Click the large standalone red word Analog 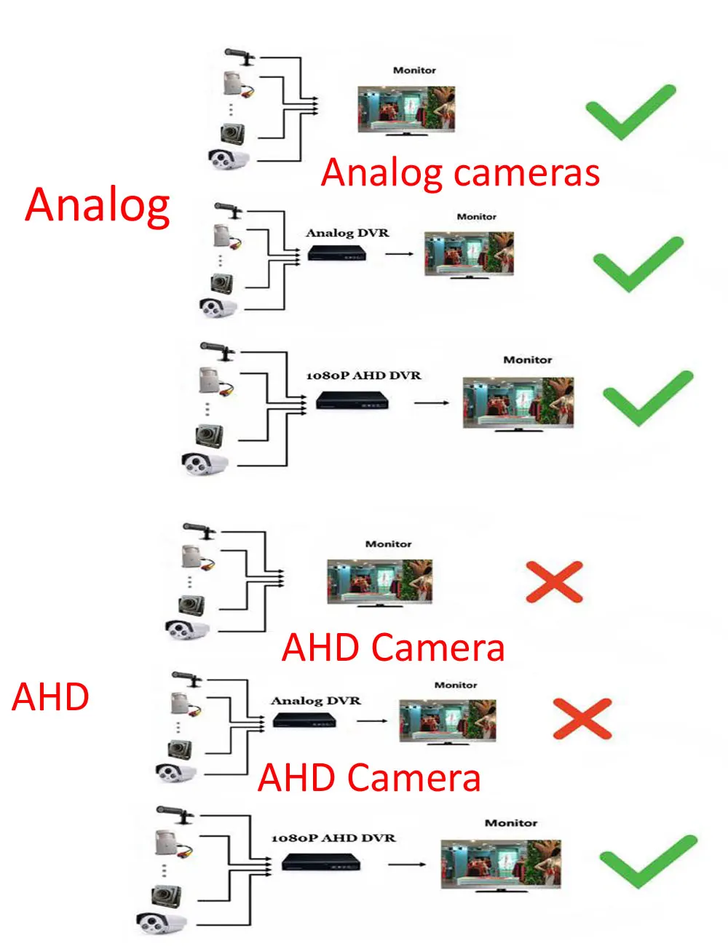(x=98, y=206)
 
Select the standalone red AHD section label (x=50, y=697)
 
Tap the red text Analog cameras (x=460, y=173)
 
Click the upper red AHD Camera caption (x=393, y=648)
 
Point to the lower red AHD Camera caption (x=369, y=777)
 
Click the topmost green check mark (x=630, y=111)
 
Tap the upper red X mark (x=554, y=582)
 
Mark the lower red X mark (x=582, y=718)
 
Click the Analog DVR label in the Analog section (x=347, y=233)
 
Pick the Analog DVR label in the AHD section (x=315, y=701)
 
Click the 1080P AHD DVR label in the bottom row (x=333, y=838)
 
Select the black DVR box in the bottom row (x=321, y=864)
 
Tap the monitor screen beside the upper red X (x=379, y=581)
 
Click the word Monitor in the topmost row (x=414, y=71)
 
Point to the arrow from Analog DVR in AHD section (x=372, y=721)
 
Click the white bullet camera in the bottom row (x=162, y=923)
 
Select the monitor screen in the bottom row (x=500, y=864)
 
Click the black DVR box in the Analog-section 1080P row (x=352, y=400)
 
